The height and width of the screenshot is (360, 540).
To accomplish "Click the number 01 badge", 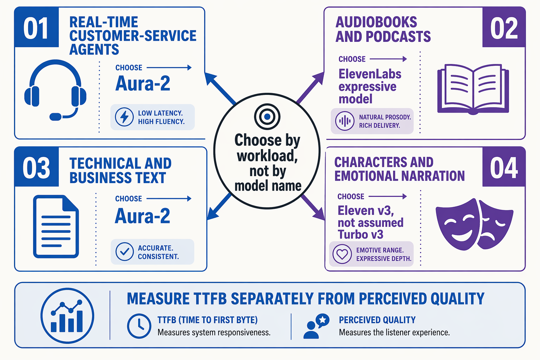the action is [x=37, y=27].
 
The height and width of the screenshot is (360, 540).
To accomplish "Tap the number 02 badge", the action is [x=503, y=27].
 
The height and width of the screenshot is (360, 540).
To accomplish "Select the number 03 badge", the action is [x=37, y=167].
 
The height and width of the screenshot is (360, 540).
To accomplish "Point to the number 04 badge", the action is [x=503, y=167].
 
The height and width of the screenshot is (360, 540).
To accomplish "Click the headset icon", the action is [x=55, y=90].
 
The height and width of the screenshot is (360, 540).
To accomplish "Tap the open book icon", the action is [x=473, y=89].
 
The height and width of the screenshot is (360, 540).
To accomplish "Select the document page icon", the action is [x=56, y=226].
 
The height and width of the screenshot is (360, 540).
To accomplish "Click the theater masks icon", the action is [x=474, y=224].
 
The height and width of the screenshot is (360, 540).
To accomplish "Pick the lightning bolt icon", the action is [x=124, y=117].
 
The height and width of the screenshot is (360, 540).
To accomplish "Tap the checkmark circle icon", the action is [x=124, y=251].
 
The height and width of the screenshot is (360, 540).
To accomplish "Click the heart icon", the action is [x=342, y=254].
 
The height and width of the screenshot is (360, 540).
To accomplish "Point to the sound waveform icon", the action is [x=345, y=121].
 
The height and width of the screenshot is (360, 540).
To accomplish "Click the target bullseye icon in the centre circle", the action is [x=267, y=117].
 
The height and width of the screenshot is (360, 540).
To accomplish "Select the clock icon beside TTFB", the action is [x=139, y=326].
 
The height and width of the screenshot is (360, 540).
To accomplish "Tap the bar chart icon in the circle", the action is [x=67, y=315].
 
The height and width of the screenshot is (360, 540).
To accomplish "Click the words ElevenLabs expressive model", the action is [x=370, y=86].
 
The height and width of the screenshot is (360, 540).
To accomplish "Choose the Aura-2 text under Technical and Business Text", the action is [x=142, y=216].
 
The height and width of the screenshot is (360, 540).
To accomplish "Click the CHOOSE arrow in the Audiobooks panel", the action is [x=388, y=59].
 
